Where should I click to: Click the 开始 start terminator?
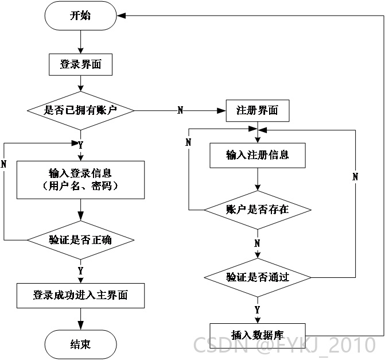[80, 16]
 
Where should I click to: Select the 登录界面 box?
[80, 65]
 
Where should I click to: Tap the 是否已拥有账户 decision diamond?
[80, 111]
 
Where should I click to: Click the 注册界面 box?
[258, 111]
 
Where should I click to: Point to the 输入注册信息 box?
[258, 156]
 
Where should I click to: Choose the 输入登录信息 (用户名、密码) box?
[80, 180]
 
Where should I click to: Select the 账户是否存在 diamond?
[258, 210]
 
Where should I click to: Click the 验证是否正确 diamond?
[80, 240]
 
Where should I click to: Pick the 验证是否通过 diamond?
[258, 278]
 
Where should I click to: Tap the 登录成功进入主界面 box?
[80, 296]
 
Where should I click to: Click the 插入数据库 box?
[258, 335]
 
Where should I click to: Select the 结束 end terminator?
[80, 344]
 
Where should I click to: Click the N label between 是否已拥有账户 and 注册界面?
[180, 110]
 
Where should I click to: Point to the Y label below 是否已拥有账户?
[80, 145]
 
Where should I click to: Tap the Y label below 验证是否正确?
[80, 271]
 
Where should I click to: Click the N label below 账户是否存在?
[257, 243]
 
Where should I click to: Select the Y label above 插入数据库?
[257, 310]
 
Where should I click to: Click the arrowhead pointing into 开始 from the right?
[121, 16]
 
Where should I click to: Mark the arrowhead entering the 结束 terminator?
[80, 326]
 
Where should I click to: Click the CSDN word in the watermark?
[221, 344]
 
